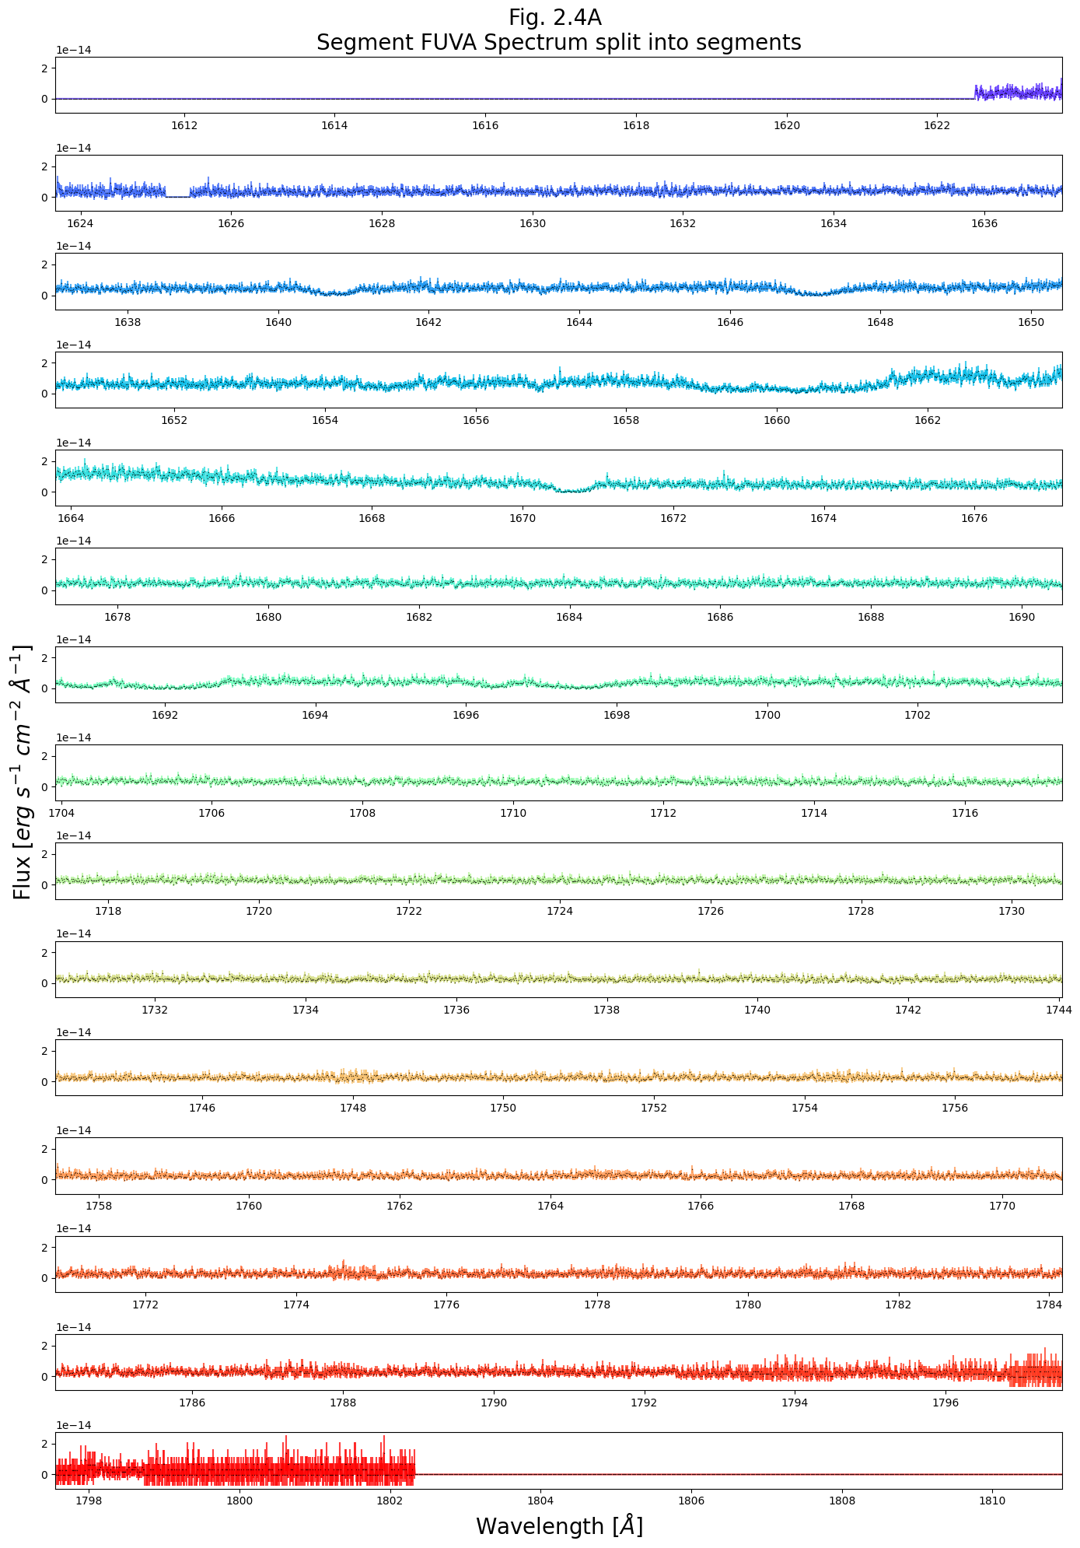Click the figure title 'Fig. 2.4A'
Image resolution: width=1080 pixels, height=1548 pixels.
[554, 17]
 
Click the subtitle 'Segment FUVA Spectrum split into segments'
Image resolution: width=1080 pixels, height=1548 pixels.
[558, 42]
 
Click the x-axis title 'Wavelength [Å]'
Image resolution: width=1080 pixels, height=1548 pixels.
[559, 1526]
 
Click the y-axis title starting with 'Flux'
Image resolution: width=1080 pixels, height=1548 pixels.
[23, 772]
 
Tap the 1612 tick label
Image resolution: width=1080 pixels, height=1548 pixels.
[183, 125]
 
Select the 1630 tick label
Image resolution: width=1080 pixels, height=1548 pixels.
[533, 223]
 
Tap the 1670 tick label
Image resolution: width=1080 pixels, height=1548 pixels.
[523, 518]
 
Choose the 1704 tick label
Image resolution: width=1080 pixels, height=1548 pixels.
[61, 813]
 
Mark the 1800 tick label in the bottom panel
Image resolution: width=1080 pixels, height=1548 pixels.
[239, 1501]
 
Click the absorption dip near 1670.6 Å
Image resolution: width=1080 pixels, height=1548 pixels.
[568, 490]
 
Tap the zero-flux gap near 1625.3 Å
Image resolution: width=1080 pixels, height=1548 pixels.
[178, 197]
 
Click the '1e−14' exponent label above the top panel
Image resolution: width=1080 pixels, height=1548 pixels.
[73, 50]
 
